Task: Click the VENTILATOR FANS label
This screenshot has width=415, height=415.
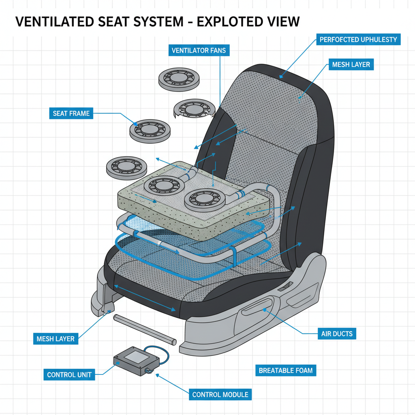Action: [198, 51]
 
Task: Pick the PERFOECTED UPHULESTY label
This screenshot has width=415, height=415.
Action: [358, 40]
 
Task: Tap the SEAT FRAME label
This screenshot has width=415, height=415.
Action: [71, 113]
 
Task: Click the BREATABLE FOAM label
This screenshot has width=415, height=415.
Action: [286, 370]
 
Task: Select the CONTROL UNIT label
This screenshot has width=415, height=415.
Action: [69, 374]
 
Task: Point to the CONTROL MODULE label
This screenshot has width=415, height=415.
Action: [220, 394]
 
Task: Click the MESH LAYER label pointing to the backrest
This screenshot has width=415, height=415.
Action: [351, 64]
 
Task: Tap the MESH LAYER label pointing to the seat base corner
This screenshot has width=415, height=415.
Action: [55, 338]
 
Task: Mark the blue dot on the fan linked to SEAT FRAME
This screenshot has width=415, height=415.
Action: [135, 122]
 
